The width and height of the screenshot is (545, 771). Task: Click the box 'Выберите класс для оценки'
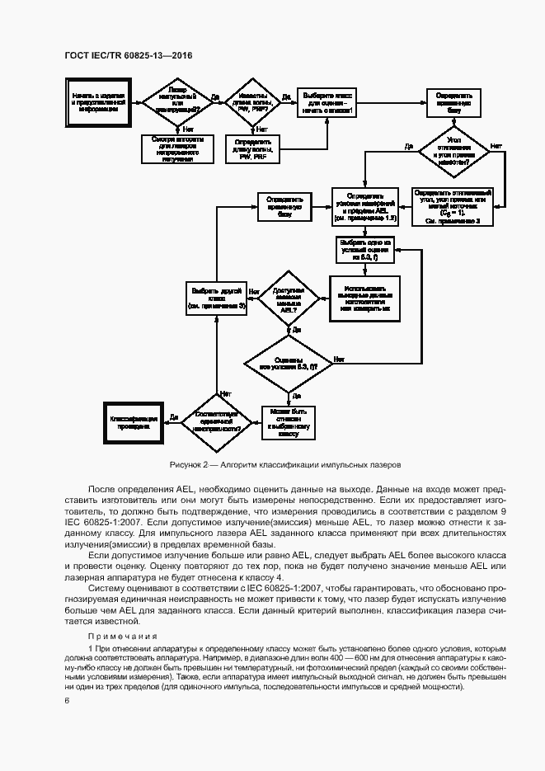[x=327, y=102]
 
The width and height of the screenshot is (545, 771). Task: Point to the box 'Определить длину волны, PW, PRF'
[x=253, y=148]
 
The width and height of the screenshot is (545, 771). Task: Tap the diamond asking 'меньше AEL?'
[x=289, y=298]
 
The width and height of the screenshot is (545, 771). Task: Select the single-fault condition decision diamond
[x=216, y=421]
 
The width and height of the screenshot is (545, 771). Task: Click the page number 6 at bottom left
[x=66, y=700]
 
